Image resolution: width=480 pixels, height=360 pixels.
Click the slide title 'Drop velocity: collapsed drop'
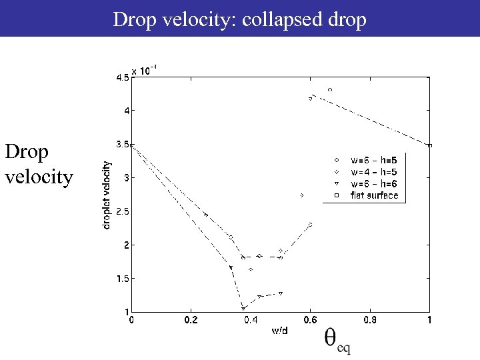pyautogui.click(x=239, y=19)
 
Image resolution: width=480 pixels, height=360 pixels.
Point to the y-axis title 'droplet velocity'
pyautogui.click(x=107, y=193)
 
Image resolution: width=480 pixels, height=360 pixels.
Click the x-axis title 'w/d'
pyautogui.click(x=279, y=330)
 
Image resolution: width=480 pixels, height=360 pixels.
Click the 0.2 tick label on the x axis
pyautogui.click(x=191, y=321)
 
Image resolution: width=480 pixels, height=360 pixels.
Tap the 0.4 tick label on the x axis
pyautogui.click(x=251, y=321)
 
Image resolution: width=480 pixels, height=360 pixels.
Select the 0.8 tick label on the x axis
pyautogui.click(x=370, y=321)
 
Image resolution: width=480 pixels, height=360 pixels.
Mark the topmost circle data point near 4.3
pyautogui.click(x=330, y=89)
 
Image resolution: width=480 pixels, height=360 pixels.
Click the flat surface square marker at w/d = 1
pyautogui.click(x=429, y=145)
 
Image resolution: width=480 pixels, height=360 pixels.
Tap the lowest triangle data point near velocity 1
pyautogui.click(x=244, y=308)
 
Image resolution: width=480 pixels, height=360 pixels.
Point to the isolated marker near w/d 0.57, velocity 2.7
pyautogui.click(x=302, y=195)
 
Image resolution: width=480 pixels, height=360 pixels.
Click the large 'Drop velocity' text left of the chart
pyautogui.click(x=39, y=165)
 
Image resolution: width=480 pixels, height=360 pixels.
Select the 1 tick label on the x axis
pyautogui.click(x=429, y=321)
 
